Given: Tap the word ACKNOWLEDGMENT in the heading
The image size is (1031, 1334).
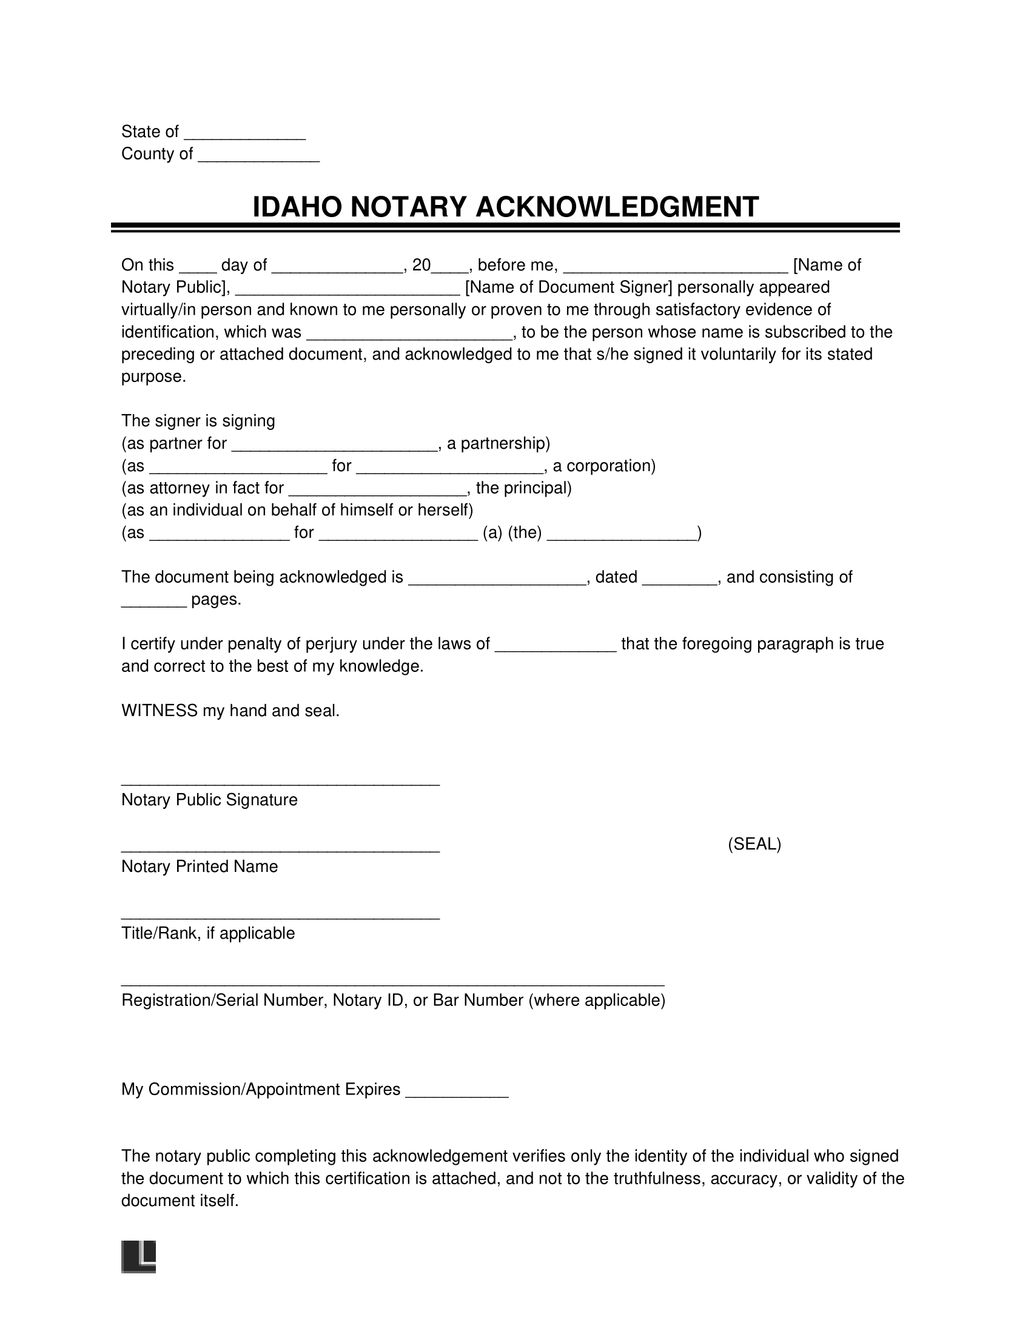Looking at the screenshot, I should [x=617, y=207].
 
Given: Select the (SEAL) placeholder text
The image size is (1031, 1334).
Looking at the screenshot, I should [x=754, y=844].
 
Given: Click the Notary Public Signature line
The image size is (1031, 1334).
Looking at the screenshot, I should [x=280, y=783].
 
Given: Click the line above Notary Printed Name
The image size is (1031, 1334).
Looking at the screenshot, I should [x=280, y=850].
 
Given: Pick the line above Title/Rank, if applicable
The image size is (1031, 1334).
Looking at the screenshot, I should [x=280, y=917].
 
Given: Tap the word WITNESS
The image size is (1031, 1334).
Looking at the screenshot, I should [x=160, y=711].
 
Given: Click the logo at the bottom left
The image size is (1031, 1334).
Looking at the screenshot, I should [x=139, y=1256].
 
